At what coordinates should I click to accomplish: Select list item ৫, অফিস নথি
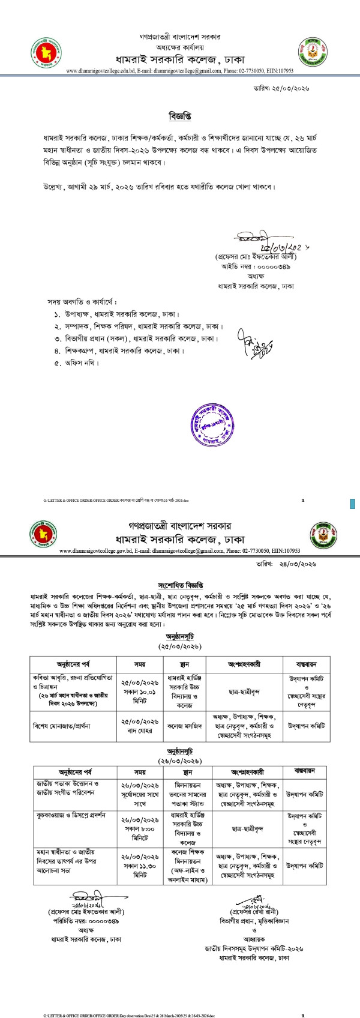pos(74,363)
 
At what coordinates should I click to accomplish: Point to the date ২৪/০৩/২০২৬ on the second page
pos(296,564)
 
